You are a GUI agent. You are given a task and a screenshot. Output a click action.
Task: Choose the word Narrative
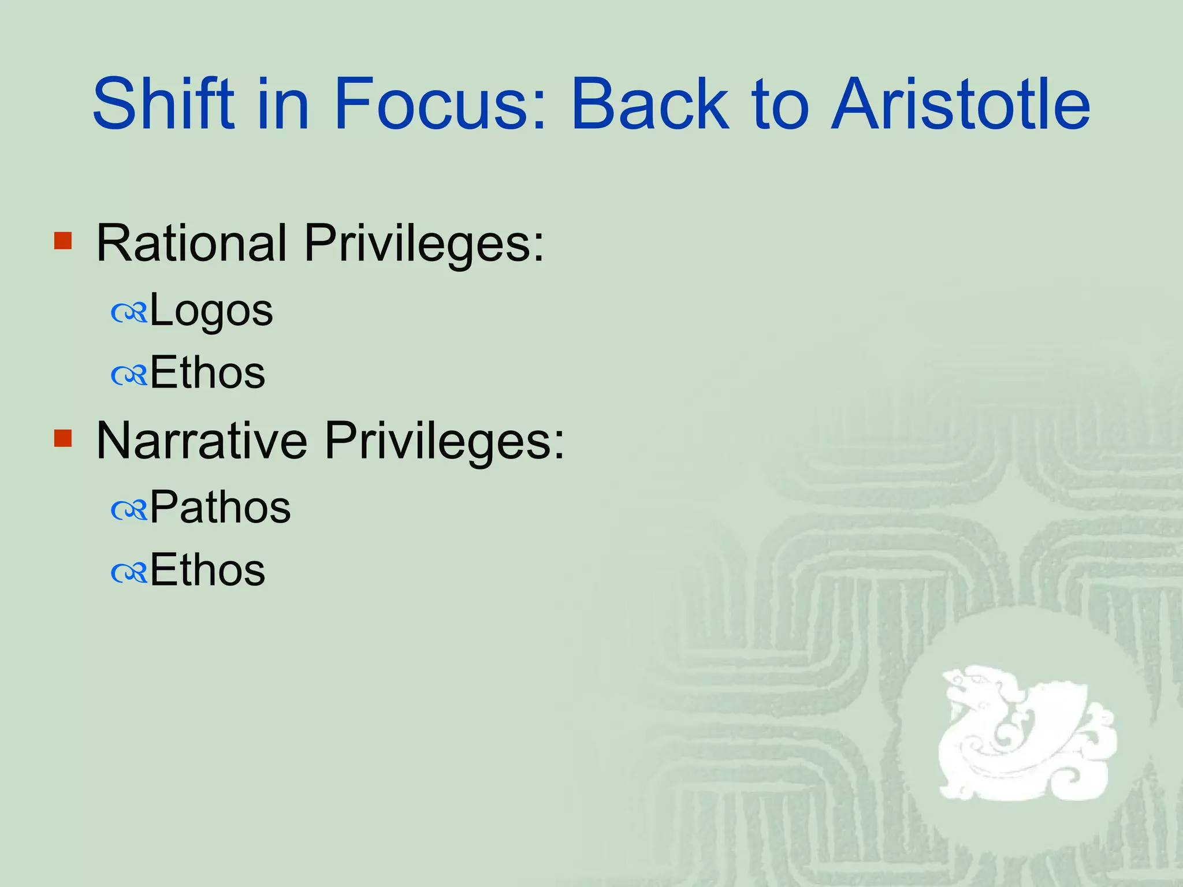pos(202,441)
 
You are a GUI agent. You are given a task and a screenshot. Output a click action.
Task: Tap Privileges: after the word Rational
pos(424,243)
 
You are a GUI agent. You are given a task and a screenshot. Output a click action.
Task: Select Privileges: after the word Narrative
pos(444,441)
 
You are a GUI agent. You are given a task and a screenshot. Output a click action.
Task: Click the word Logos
pos(211,311)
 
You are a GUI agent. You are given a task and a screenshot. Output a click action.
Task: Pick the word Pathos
pos(220,507)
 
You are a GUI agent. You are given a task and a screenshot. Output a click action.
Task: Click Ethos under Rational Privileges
pos(207,372)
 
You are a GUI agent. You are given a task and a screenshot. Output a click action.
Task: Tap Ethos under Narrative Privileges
pos(207,570)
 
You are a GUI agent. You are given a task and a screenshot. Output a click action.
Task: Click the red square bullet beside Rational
pos(63,240)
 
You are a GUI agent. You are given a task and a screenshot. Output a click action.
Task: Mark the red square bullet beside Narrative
pos(63,438)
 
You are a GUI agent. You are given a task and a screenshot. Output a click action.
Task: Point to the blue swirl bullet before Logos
pos(129,314)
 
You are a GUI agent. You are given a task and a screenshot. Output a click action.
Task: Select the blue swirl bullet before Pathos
pos(129,510)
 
